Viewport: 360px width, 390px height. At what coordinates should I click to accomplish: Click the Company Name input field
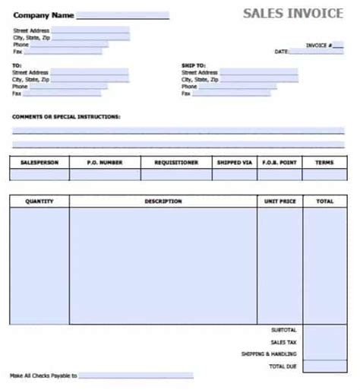coord(122,15)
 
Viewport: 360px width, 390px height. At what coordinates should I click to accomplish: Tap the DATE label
coord(281,52)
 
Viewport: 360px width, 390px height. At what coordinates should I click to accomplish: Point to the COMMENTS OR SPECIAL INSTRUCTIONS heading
coord(66,117)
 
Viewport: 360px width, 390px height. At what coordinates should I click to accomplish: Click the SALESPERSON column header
coord(39,163)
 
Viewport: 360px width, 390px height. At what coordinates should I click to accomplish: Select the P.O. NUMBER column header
coord(105,163)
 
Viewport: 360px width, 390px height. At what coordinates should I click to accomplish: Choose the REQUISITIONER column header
coord(176,163)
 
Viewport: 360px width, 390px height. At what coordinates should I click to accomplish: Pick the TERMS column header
coord(324,163)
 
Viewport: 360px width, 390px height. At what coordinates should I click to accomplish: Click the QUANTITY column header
coord(39,201)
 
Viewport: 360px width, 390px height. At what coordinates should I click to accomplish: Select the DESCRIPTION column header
coord(163,201)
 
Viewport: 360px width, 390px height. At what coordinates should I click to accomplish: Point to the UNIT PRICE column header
coord(279,201)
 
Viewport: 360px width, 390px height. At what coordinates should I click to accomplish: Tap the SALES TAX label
coord(284,342)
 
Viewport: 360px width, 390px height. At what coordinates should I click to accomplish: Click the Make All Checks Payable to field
coord(136,376)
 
